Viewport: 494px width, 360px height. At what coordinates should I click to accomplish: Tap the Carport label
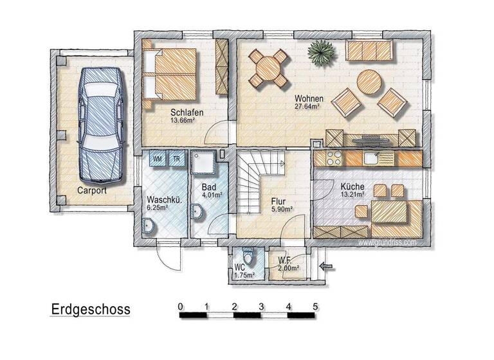[x=91, y=191]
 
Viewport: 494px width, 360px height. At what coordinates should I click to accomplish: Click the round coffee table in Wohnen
[x=370, y=82]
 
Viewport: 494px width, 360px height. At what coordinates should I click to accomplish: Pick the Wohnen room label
[x=309, y=98]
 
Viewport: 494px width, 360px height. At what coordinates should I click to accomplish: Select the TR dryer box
[x=176, y=157]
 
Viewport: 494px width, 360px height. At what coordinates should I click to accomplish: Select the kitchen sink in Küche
[x=372, y=157]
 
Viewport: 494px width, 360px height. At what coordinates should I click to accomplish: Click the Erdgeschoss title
[x=91, y=310]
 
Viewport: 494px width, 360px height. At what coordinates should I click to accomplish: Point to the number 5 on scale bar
[x=315, y=305]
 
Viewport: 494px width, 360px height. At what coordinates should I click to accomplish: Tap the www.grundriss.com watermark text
[x=387, y=243]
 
